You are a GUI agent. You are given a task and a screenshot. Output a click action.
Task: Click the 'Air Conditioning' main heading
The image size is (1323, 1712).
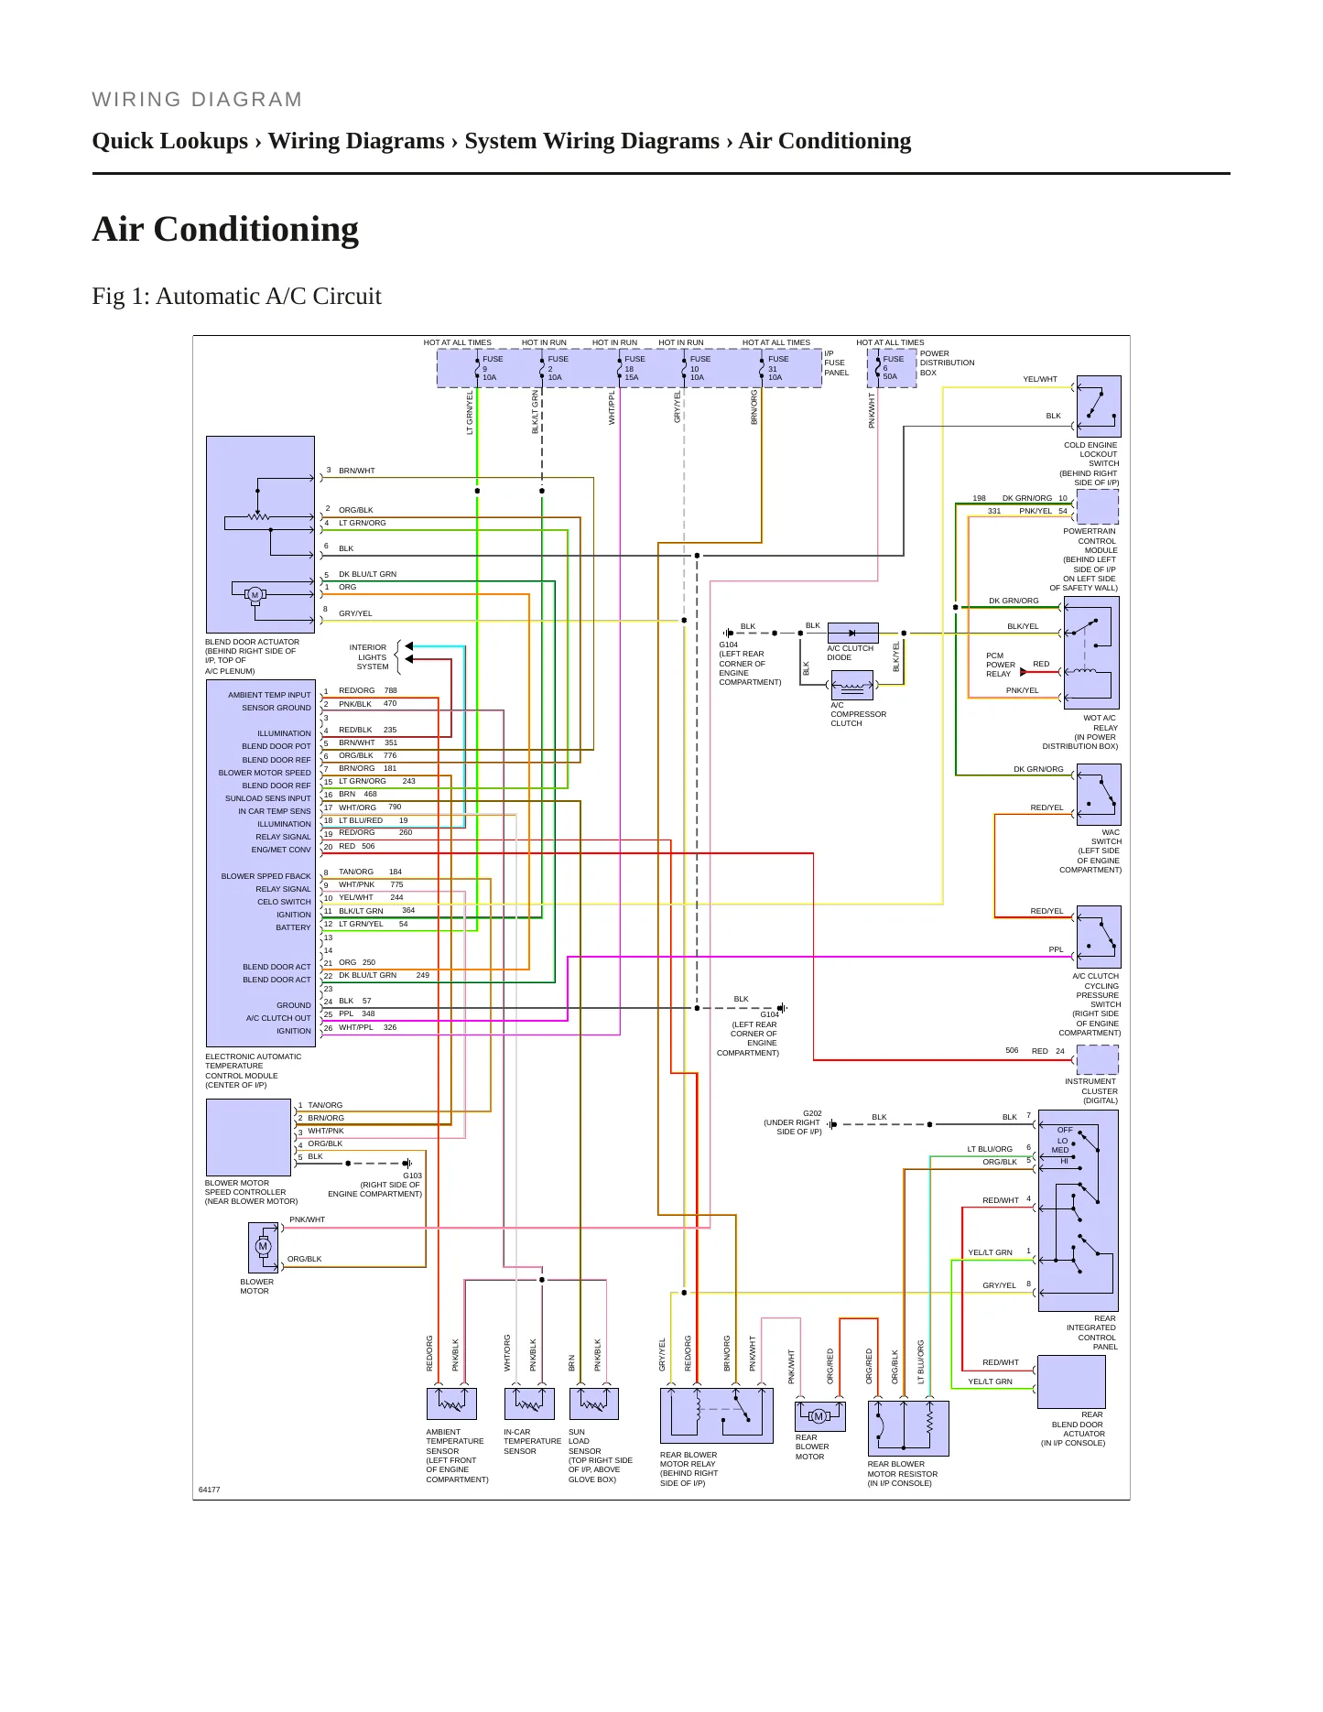point(225,229)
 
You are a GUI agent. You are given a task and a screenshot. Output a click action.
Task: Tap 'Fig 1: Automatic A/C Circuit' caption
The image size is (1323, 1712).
point(236,296)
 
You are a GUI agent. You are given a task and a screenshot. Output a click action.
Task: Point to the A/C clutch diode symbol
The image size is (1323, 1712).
point(852,633)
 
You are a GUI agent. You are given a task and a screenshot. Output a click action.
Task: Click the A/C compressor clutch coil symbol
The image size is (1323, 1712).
point(852,685)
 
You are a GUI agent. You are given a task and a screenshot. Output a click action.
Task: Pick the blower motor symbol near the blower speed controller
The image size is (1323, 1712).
point(263,1246)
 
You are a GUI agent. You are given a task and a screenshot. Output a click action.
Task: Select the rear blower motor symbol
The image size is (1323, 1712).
point(819,1416)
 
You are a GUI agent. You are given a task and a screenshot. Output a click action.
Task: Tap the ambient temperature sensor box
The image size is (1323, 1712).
point(451,1403)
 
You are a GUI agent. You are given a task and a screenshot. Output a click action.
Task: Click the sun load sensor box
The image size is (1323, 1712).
point(593,1403)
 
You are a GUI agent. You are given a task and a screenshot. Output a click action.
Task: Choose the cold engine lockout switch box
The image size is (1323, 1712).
point(1099,406)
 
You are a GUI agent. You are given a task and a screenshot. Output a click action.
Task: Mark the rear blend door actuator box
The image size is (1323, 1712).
point(1071,1382)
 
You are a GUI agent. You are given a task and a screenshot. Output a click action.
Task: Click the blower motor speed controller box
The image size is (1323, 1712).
point(248,1137)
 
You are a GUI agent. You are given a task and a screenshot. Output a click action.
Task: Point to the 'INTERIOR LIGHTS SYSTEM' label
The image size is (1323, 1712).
point(372,656)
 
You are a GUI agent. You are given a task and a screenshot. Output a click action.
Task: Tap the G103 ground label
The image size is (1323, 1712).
point(412,1176)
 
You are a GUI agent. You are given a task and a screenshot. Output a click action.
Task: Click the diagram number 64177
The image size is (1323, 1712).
point(210,1490)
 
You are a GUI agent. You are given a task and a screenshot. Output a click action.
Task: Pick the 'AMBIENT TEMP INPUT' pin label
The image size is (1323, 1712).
point(269,695)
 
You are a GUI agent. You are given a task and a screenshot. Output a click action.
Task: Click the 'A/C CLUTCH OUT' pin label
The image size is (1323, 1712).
point(278,1018)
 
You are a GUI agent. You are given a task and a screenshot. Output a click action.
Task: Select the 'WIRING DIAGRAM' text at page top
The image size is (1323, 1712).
point(197,100)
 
